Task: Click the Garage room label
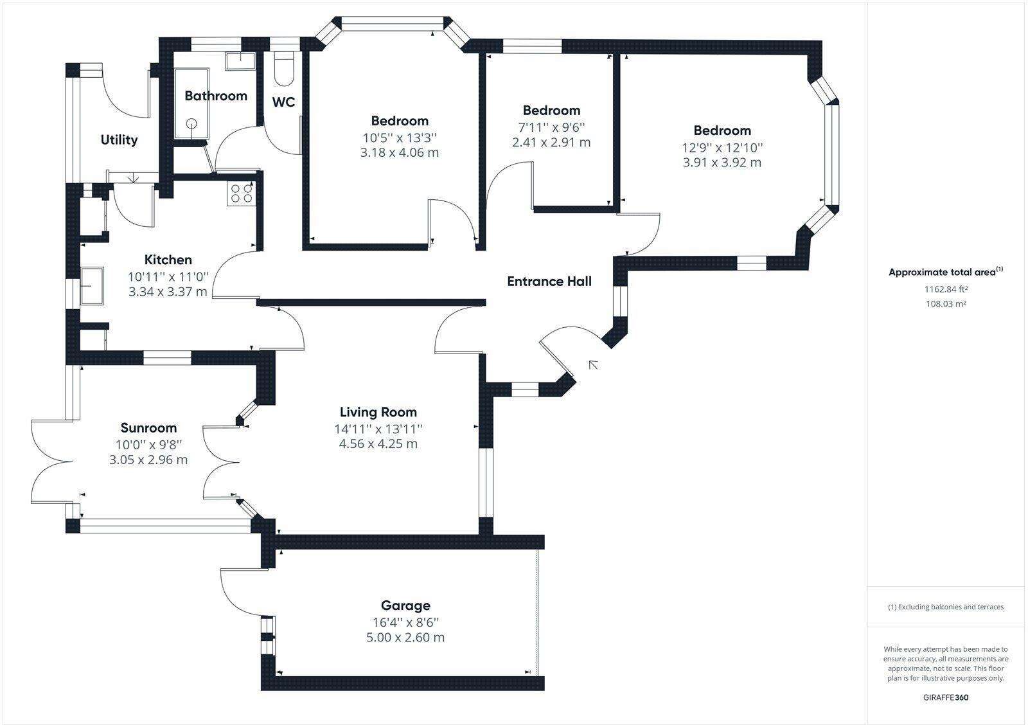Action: (x=405, y=605)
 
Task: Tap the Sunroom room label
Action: (x=148, y=428)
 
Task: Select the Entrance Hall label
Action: (x=549, y=281)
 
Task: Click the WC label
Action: (x=283, y=102)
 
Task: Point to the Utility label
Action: (x=119, y=139)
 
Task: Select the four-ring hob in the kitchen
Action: (x=242, y=193)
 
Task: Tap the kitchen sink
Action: (x=92, y=285)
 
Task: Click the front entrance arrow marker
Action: (x=593, y=365)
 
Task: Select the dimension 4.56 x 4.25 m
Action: (x=378, y=443)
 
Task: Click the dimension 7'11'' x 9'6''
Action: (x=551, y=127)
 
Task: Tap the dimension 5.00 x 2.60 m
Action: (x=405, y=638)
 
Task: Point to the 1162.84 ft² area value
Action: (x=946, y=289)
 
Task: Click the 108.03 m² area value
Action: (x=946, y=304)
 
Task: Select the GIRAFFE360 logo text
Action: (x=946, y=697)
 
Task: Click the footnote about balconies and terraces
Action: (x=946, y=607)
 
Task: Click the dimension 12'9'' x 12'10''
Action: (x=722, y=147)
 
